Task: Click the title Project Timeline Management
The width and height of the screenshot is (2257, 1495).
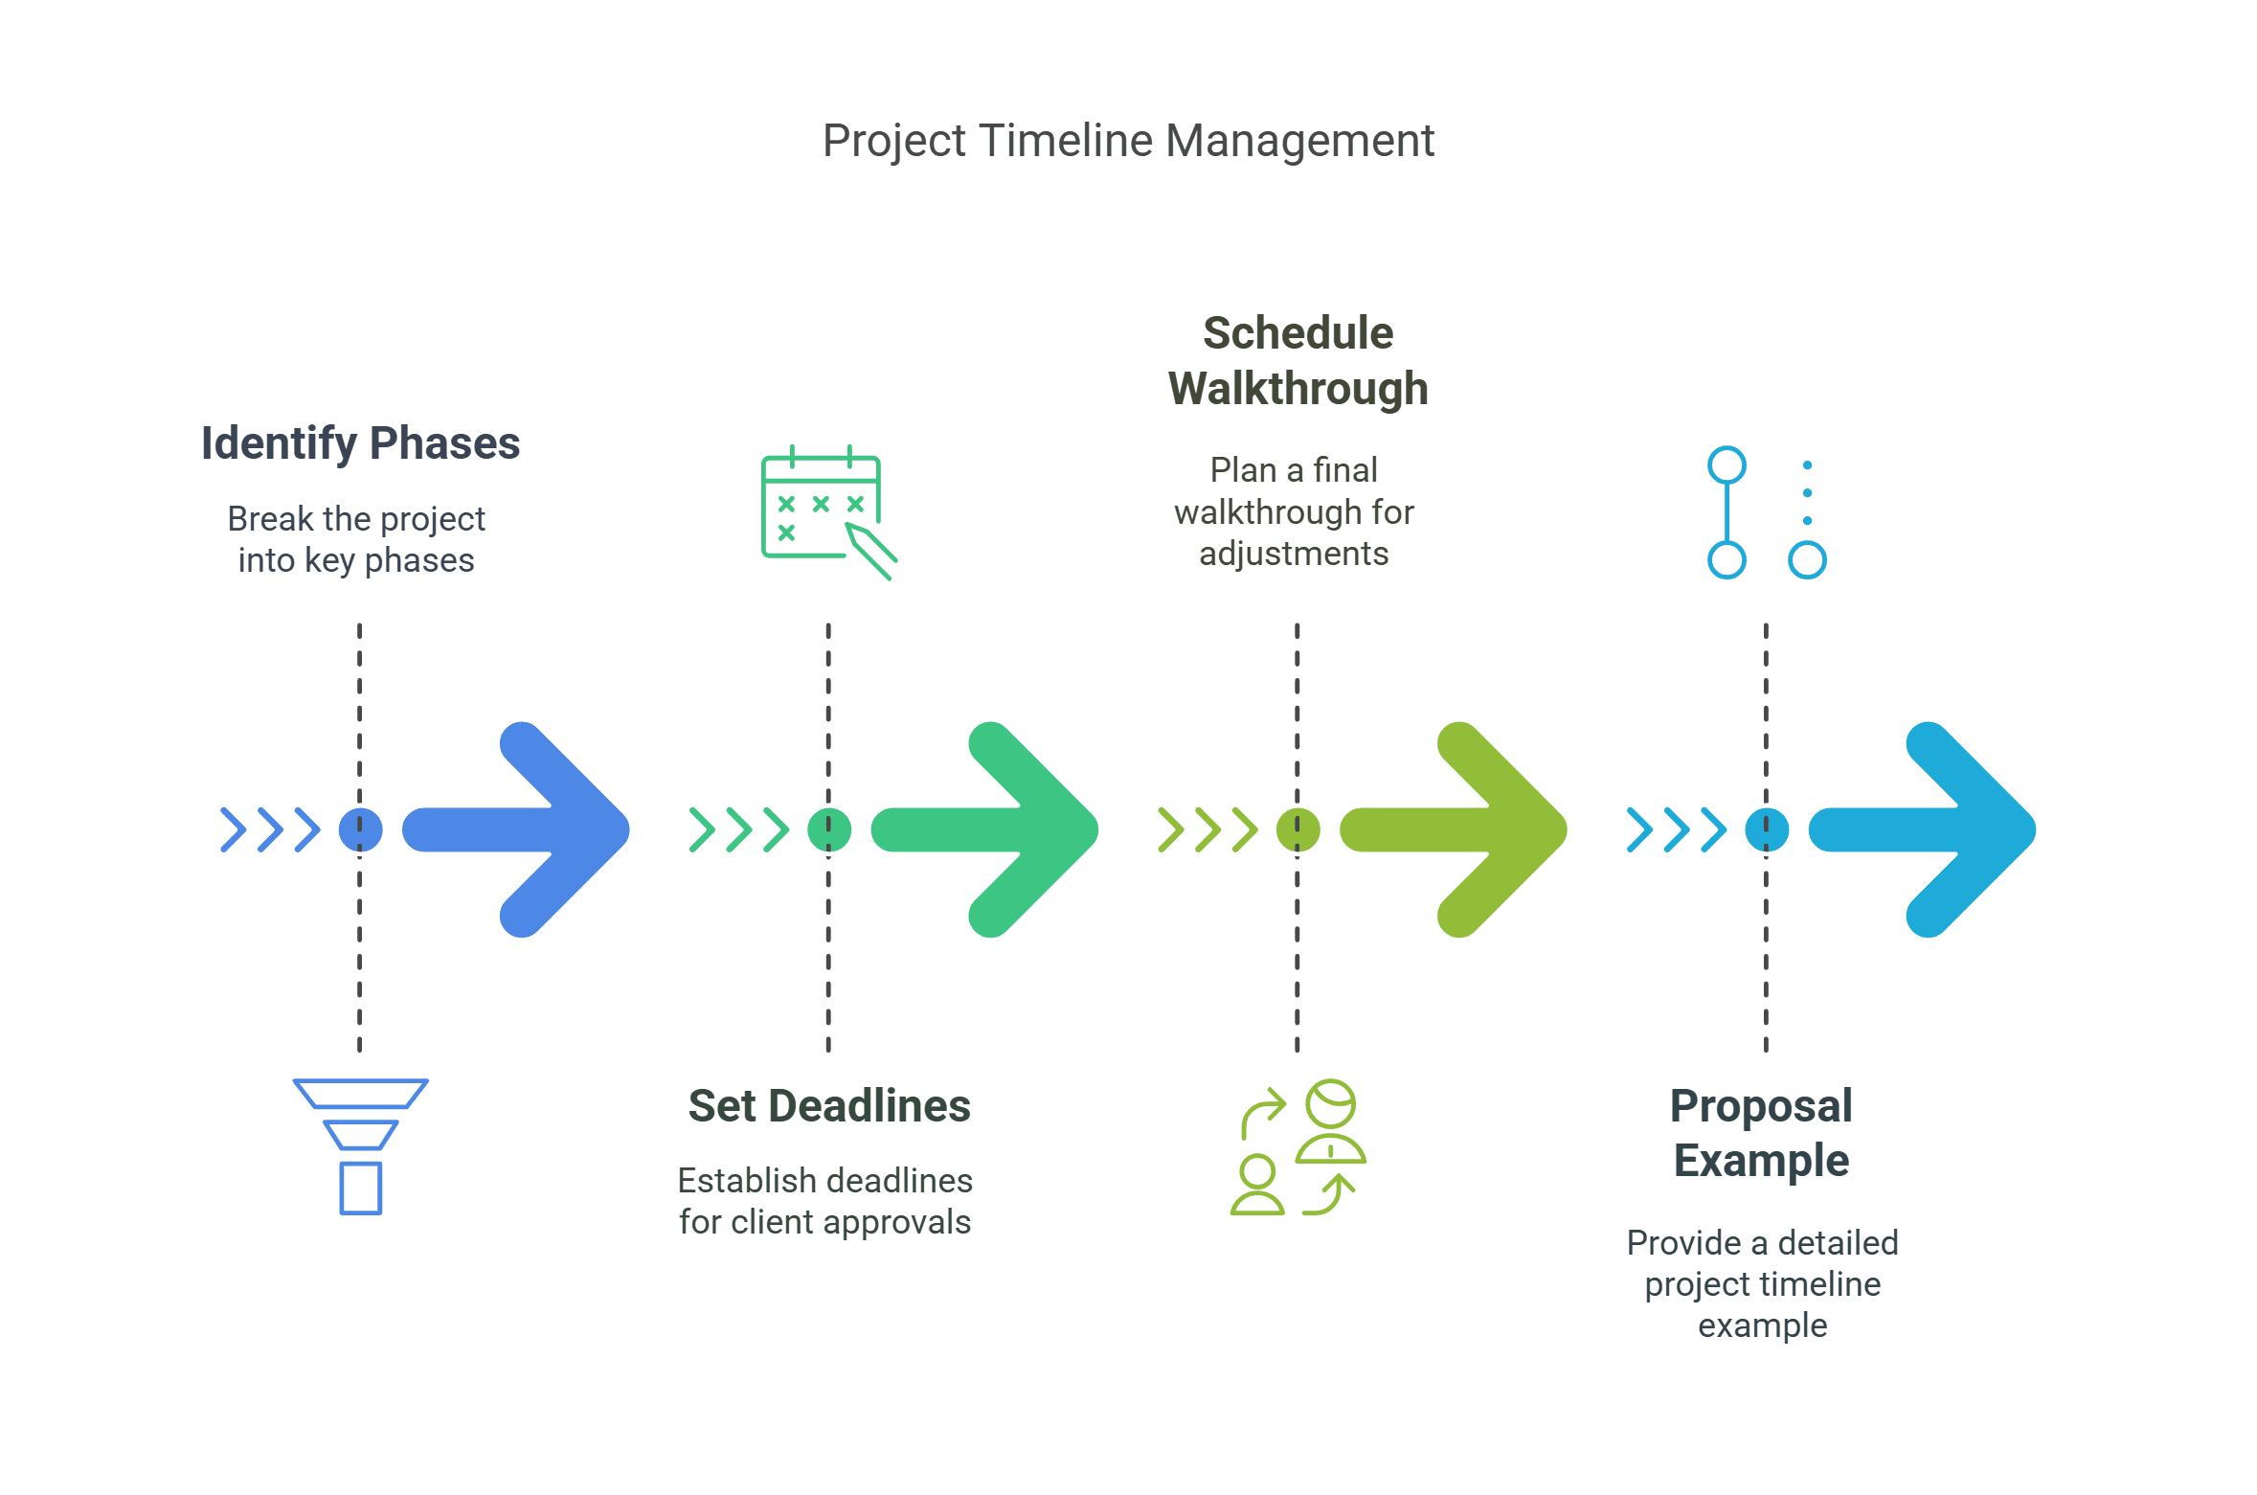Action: (1128, 141)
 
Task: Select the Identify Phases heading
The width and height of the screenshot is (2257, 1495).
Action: (360, 443)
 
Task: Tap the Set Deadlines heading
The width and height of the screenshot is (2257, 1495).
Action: (829, 1105)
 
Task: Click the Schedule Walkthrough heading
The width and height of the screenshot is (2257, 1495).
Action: (1298, 361)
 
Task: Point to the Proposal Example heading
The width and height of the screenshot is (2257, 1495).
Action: (1761, 1133)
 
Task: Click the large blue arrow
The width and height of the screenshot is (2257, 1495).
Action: (517, 829)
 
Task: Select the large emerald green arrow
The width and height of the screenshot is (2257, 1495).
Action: (986, 829)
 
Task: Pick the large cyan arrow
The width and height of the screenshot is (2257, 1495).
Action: (1924, 829)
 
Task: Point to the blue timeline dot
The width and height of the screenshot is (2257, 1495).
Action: (360, 829)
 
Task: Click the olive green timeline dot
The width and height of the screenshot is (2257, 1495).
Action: (1298, 829)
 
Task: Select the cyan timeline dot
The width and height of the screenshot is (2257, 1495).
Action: (1767, 829)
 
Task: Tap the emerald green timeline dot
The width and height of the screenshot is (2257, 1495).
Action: (829, 829)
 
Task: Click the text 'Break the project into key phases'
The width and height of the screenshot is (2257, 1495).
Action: (356, 539)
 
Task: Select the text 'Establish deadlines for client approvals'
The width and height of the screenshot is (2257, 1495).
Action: (825, 1201)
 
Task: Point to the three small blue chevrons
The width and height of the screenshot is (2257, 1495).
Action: (270, 829)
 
